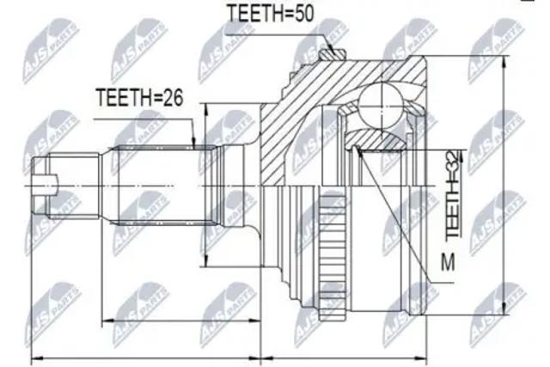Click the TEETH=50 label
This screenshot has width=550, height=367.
coord(270,14)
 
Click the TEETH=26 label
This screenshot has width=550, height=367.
coord(139,97)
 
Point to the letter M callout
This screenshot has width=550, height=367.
coord(448,262)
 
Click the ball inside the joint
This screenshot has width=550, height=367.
coord(381,105)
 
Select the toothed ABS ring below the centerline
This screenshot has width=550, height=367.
coord(333,255)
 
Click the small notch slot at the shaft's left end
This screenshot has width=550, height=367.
coord(45,184)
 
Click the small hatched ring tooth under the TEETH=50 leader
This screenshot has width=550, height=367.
coord(333,54)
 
